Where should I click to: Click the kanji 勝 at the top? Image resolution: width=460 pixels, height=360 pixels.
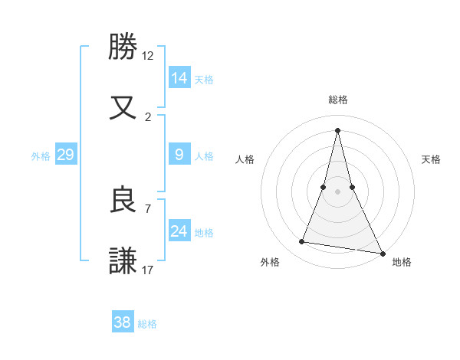[123, 47]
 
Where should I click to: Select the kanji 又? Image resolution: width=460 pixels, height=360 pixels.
[123, 106]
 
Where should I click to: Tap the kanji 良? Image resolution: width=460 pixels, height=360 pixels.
[123, 200]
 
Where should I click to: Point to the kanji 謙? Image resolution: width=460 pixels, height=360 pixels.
[123, 260]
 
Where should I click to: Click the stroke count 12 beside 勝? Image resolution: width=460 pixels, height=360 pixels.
[148, 56]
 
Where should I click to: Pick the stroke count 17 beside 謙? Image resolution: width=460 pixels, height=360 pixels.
[148, 270]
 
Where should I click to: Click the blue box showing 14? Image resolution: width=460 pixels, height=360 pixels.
[179, 77]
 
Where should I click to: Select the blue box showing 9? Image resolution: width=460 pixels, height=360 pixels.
[179, 154]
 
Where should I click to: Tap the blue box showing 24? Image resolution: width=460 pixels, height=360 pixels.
[179, 231]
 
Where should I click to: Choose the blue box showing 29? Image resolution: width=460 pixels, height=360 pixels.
[65, 154]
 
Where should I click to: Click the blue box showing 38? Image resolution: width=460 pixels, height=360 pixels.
[123, 322]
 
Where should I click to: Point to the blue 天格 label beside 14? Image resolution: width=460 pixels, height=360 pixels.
[204, 79]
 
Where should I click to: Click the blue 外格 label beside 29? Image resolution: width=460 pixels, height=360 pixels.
[41, 155]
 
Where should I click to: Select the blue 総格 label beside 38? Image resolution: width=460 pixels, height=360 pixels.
[147, 324]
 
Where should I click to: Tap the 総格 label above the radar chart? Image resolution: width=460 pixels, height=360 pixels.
[338, 100]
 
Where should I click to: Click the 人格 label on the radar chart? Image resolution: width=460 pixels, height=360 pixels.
[245, 159]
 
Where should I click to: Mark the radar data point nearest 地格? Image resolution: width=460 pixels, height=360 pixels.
[383, 253]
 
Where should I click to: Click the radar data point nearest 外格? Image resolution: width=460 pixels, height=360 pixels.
[302, 242]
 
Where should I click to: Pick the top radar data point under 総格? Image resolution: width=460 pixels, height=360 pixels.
[338, 129]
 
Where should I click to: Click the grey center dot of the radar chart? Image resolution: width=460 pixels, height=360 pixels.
[338, 191]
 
